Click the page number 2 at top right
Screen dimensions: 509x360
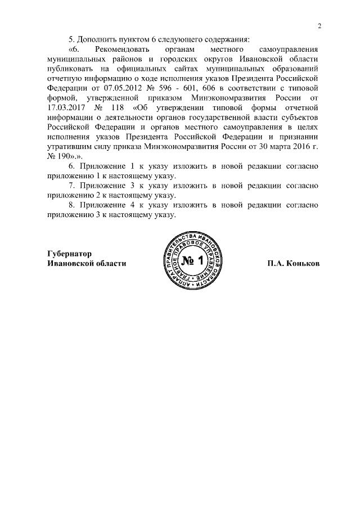pyautogui.click(x=319, y=26)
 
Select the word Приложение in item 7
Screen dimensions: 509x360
pyautogui.click(x=101, y=185)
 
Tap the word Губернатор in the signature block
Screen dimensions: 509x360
pyautogui.click(x=69, y=254)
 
